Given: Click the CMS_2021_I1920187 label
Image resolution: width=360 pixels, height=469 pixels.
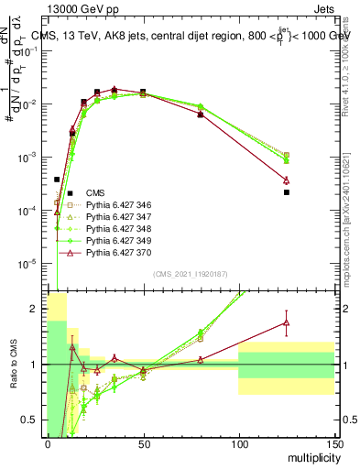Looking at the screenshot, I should point(190,273).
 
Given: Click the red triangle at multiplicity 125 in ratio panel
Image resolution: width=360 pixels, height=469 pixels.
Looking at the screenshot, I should point(287,322).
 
